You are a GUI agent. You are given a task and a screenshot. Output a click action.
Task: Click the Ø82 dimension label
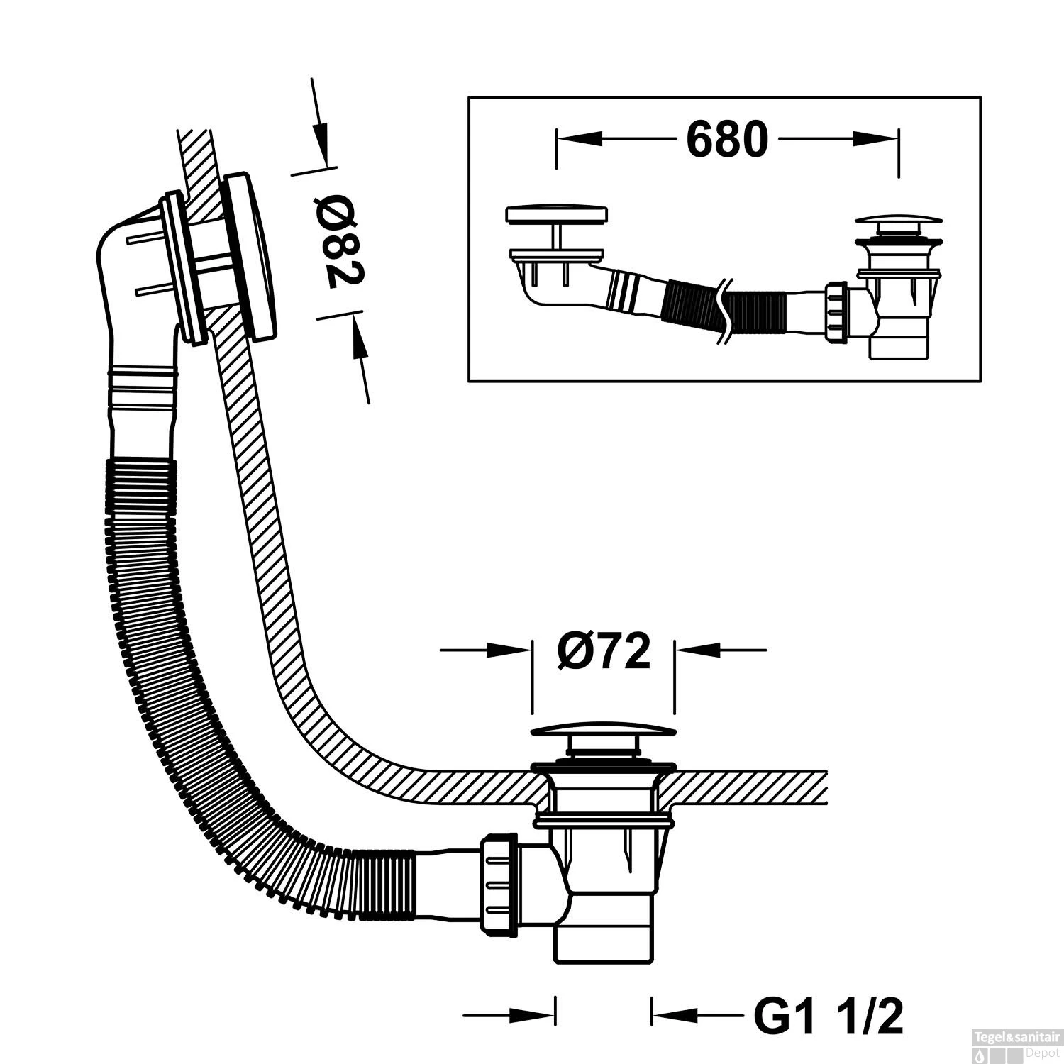[x=341, y=243]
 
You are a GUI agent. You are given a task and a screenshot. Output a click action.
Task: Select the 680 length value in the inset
[x=727, y=140]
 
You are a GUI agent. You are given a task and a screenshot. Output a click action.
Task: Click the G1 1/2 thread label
[x=829, y=1016]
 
